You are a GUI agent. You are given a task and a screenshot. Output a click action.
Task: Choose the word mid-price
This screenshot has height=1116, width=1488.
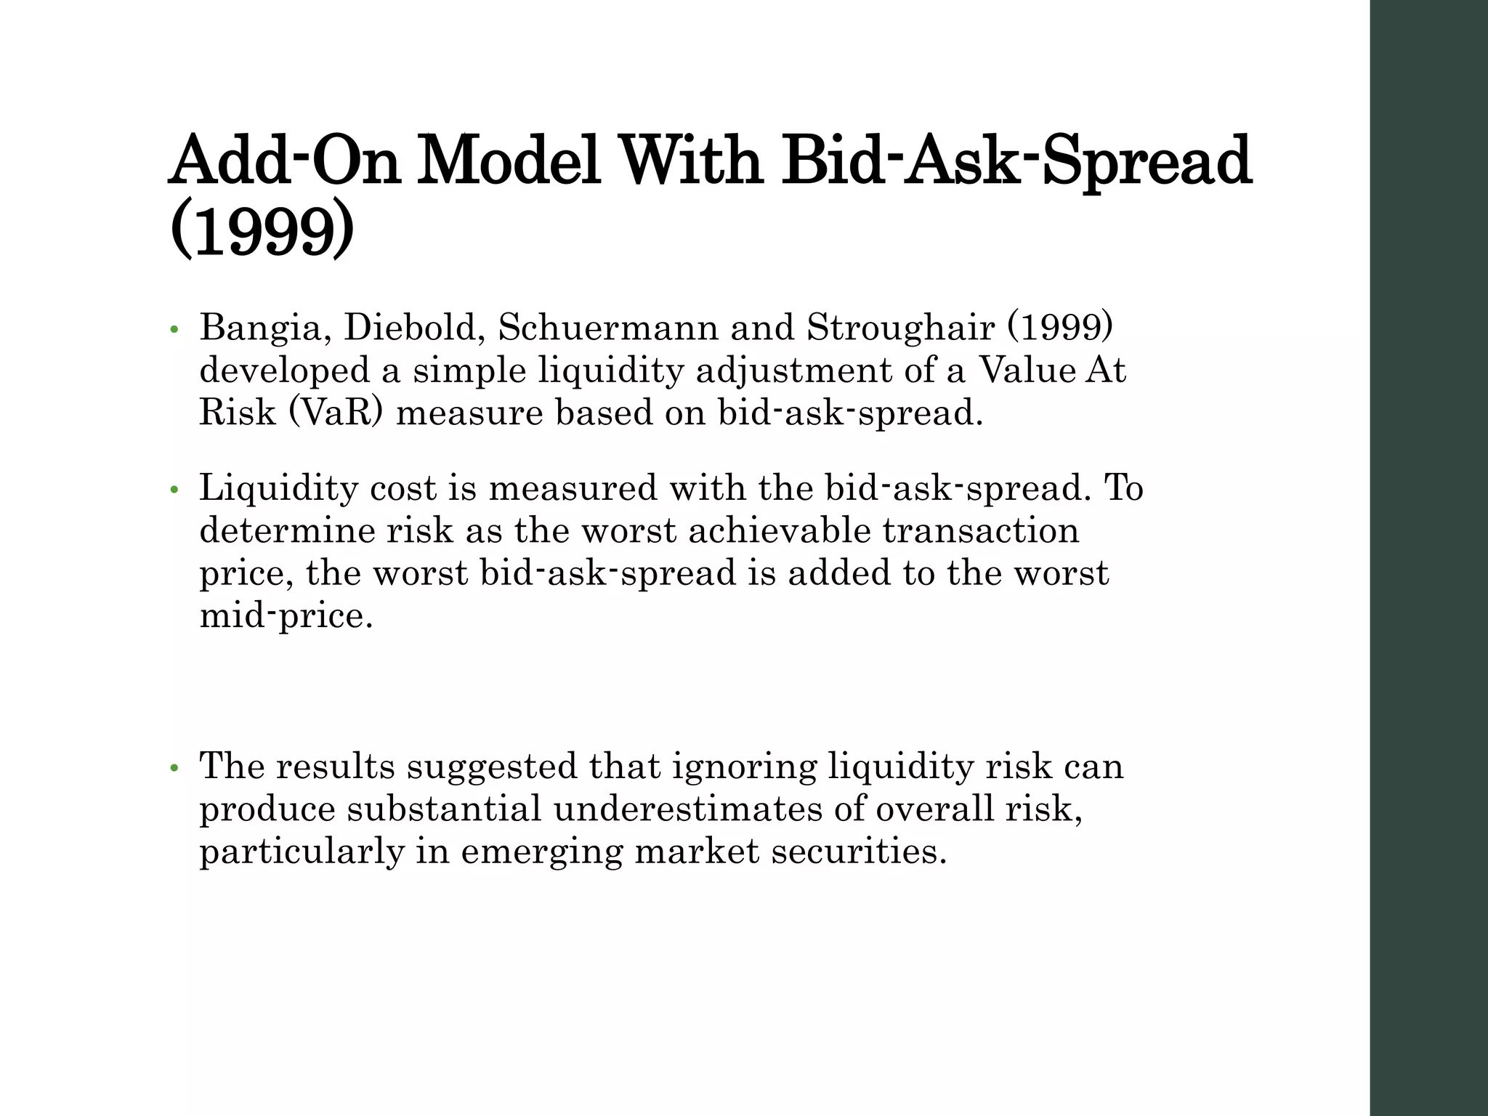(x=286, y=617)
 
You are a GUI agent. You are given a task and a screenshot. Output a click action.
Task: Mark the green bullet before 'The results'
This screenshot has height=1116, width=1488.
(x=173, y=769)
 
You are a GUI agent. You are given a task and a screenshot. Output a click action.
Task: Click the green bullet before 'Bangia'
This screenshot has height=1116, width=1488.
(x=173, y=331)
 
